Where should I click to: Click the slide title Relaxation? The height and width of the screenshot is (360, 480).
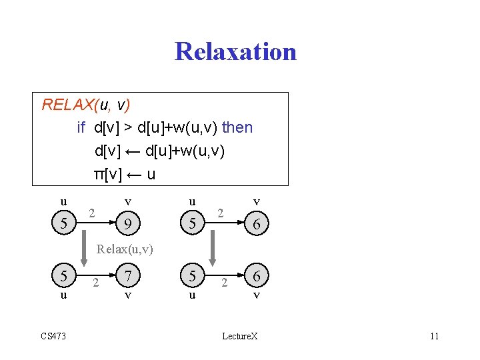(x=235, y=51)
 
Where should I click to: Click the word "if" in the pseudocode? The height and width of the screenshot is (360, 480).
(x=81, y=127)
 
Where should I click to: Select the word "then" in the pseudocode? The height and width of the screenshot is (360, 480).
(x=237, y=127)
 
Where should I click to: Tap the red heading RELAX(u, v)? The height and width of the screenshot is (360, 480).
(x=86, y=105)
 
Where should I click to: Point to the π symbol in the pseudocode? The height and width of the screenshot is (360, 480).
(x=99, y=174)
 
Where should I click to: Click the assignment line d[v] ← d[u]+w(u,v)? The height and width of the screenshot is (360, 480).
(x=160, y=151)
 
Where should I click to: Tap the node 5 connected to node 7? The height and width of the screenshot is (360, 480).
(x=63, y=275)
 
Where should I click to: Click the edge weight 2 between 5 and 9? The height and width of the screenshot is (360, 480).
(x=93, y=213)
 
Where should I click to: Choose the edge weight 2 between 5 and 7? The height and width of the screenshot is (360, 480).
(x=96, y=283)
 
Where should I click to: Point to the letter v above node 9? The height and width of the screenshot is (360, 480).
(x=127, y=201)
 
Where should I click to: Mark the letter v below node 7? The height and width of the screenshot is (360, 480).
(x=127, y=294)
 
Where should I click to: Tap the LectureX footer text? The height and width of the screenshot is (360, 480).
(x=239, y=336)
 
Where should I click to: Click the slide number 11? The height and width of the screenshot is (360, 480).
(x=434, y=336)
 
